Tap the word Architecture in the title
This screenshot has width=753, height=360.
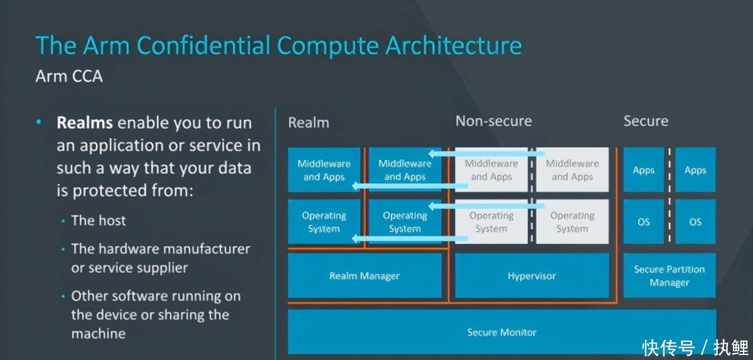click(x=453, y=46)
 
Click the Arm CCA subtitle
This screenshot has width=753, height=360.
click(x=69, y=77)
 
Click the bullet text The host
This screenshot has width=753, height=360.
click(x=99, y=221)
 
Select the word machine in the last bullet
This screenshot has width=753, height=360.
click(x=99, y=334)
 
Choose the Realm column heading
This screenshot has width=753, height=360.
click(x=308, y=122)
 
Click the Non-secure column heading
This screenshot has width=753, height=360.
click(x=493, y=121)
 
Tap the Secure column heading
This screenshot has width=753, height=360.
click(x=646, y=121)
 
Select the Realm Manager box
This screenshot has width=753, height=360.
click(x=365, y=276)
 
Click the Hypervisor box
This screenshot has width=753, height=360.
click(x=532, y=276)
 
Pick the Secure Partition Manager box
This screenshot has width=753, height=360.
click(x=670, y=276)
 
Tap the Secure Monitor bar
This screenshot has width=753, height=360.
click(x=502, y=332)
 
